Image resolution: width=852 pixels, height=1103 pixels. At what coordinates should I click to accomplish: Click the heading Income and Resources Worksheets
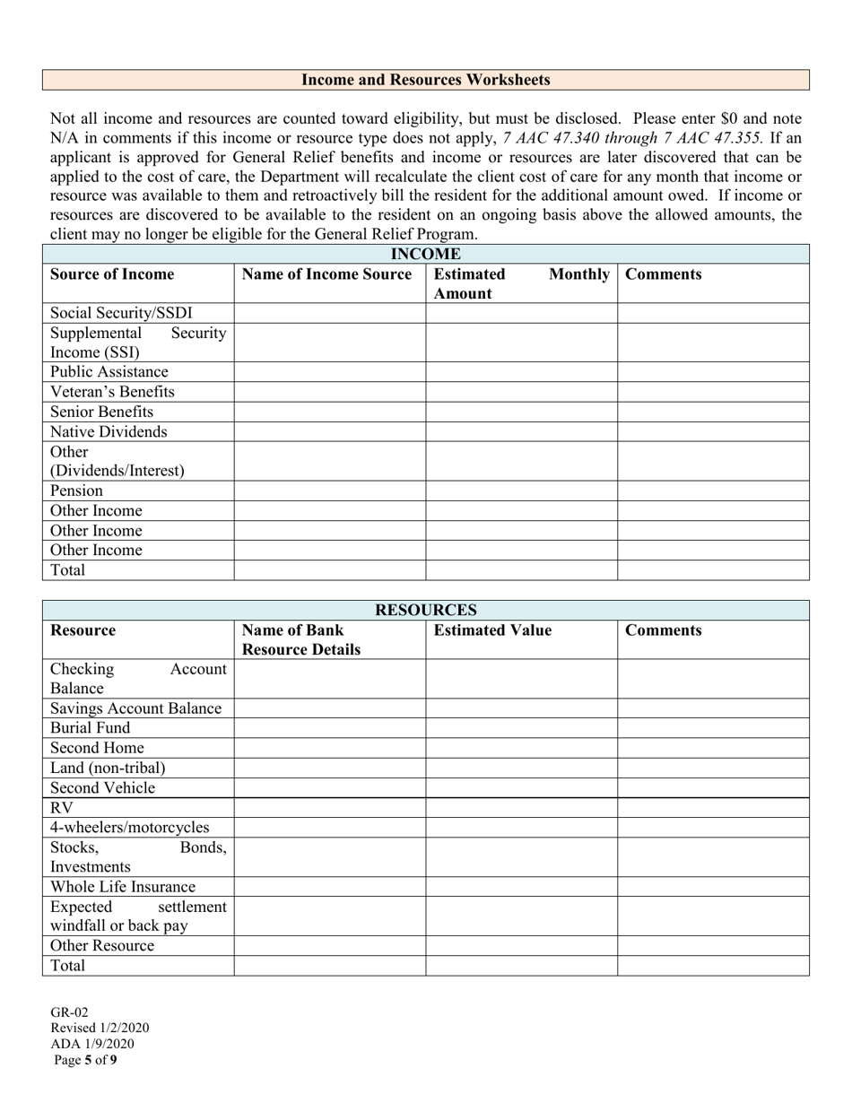(x=425, y=80)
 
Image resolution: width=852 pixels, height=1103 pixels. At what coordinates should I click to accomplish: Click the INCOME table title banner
(x=425, y=255)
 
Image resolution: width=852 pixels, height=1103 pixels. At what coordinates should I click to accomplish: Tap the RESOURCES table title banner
(x=425, y=611)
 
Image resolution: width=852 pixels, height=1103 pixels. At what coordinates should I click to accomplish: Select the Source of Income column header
(x=112, y=274)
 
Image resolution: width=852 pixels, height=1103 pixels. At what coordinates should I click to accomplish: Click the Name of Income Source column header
(x=327, y=274)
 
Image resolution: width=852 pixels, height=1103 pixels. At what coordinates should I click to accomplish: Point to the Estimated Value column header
(x=492, y=630)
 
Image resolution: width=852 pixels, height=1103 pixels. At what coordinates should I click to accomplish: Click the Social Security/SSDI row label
(x=121, y=313)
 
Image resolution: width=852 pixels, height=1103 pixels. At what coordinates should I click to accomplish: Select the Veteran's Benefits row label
(x=112, y=392)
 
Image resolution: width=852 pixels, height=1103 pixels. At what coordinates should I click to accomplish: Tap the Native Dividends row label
(x=109, y=431)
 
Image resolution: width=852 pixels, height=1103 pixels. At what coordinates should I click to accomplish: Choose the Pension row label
(x=76, y=491)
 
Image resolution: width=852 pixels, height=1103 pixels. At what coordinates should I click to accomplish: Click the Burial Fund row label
(x=90, y=727)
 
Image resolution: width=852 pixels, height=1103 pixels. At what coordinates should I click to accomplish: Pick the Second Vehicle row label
(x=102, y=787)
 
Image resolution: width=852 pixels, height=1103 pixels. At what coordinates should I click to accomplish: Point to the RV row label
(x=62, y=807)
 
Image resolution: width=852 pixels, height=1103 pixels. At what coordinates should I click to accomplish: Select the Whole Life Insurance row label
(x=122, y=886)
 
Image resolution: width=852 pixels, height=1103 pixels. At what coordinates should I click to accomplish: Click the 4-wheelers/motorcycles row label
(x=129, y=827)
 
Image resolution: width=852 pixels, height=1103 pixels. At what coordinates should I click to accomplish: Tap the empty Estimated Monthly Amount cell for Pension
(x=521, y=491)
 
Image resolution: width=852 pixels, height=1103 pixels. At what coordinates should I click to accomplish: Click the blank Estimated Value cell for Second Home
(x=521, y=748)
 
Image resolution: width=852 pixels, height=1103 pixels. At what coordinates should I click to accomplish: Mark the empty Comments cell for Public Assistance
(x=713, y=372)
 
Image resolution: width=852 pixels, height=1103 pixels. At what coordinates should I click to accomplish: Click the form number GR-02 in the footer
(x=69, y=1012)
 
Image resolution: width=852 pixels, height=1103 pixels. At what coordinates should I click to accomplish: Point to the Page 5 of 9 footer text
(x=85, y=1060)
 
